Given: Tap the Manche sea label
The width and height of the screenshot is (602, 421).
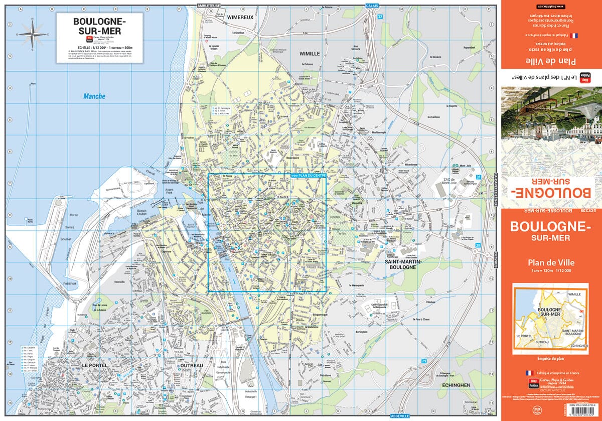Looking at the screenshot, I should click(95, 97).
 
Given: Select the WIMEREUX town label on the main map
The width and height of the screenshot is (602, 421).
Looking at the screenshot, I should click(240, 17).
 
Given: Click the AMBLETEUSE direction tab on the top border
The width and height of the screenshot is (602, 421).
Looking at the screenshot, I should click(210, 5).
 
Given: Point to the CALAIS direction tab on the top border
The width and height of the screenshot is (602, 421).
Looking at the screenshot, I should click(372, 5).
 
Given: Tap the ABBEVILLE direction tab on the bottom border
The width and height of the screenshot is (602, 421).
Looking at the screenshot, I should click(400, 416).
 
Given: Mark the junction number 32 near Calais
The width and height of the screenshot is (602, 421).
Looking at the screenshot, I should click(380, 17).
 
